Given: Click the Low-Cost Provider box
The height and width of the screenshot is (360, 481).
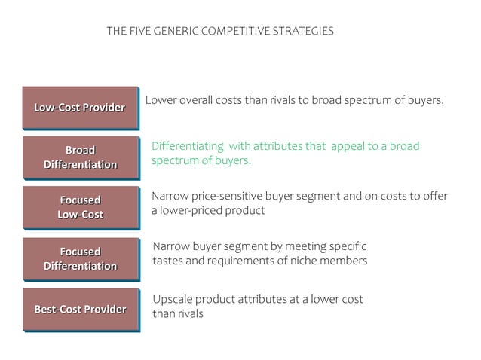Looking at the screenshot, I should click(79, 107).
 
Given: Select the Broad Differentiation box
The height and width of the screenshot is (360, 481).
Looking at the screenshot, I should click(80, 157).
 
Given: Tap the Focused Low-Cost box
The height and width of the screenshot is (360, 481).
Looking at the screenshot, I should click(80, 207).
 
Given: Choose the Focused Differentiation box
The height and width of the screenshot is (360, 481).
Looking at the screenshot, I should click(80, 258).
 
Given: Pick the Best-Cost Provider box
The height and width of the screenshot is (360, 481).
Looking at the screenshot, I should click(80, 309).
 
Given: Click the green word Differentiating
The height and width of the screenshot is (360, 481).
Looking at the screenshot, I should click(188, 146).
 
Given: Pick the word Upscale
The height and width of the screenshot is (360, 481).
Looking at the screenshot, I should click(173, 300).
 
